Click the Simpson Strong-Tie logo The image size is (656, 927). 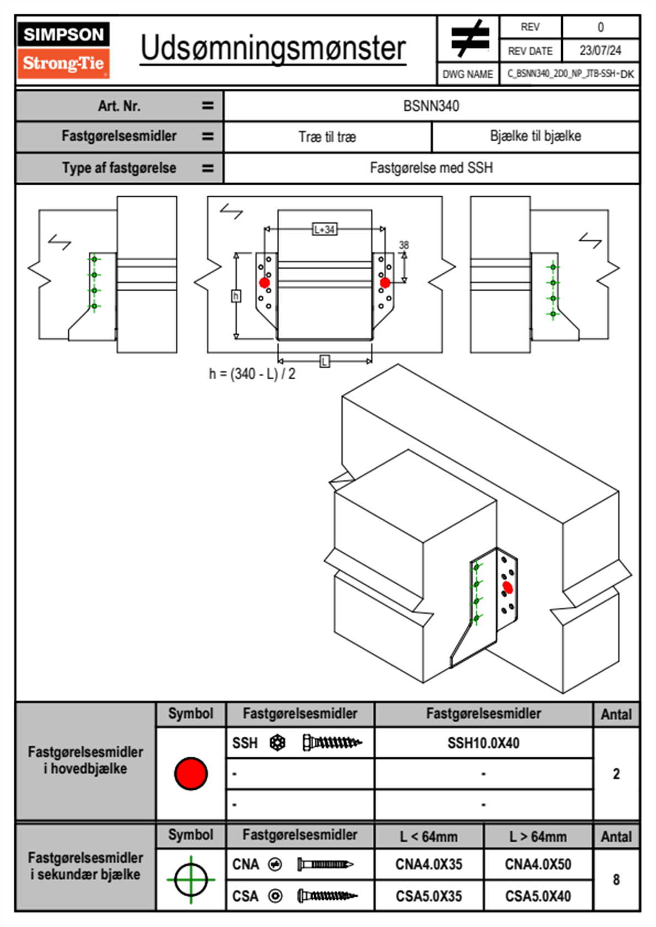tap(63, 50)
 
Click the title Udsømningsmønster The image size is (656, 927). tap(273, 48)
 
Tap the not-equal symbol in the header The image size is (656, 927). tap(469, 39)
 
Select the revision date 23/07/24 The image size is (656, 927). tap(600, 51)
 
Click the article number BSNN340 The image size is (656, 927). tap(431, 106)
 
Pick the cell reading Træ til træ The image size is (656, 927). tap(327, 137)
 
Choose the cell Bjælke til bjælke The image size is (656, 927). tap(535, 136)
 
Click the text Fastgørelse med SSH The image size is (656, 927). tap(431, 168)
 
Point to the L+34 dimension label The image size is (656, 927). tap(324, 229)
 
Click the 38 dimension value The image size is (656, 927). tap(404, 245)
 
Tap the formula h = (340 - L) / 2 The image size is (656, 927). tap(252, 374)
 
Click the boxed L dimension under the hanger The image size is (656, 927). tap(324, 362)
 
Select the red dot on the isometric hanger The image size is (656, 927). tap(508, 588)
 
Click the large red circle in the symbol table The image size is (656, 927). tap(191, 773)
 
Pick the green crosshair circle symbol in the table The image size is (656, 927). tap(191, 880)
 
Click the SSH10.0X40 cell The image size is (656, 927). tap(483, 743)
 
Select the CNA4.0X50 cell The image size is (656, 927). tap(538, 864)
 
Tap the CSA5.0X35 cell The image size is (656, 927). tap(429, 896)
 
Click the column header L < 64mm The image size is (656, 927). tap(429, 837)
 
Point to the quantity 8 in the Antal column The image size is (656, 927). tap(616, 880)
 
